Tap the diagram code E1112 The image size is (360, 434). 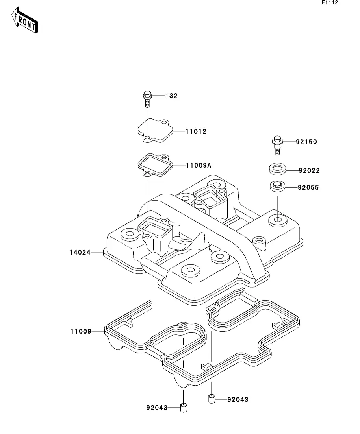[330, 2]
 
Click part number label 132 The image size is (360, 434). [171, 96]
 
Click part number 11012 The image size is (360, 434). [196, 131]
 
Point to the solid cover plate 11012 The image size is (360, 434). [155, 131]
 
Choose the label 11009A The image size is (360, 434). [199, 165]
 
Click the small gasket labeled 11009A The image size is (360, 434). [155, 166]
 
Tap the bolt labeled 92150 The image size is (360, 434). [277, 145]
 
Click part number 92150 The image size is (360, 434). [306, 142]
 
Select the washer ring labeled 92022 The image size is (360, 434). [277, 169]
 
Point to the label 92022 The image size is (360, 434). [309, 170]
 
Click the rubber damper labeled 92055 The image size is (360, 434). [277, 186]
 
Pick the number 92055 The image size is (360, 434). [308, 187]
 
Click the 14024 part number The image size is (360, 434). [80, 253]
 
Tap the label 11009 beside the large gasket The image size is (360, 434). [81, 331]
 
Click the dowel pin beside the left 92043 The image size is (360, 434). [184, 408]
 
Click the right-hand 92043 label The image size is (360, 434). [238, 399]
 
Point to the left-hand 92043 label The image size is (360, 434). [157, 408]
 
